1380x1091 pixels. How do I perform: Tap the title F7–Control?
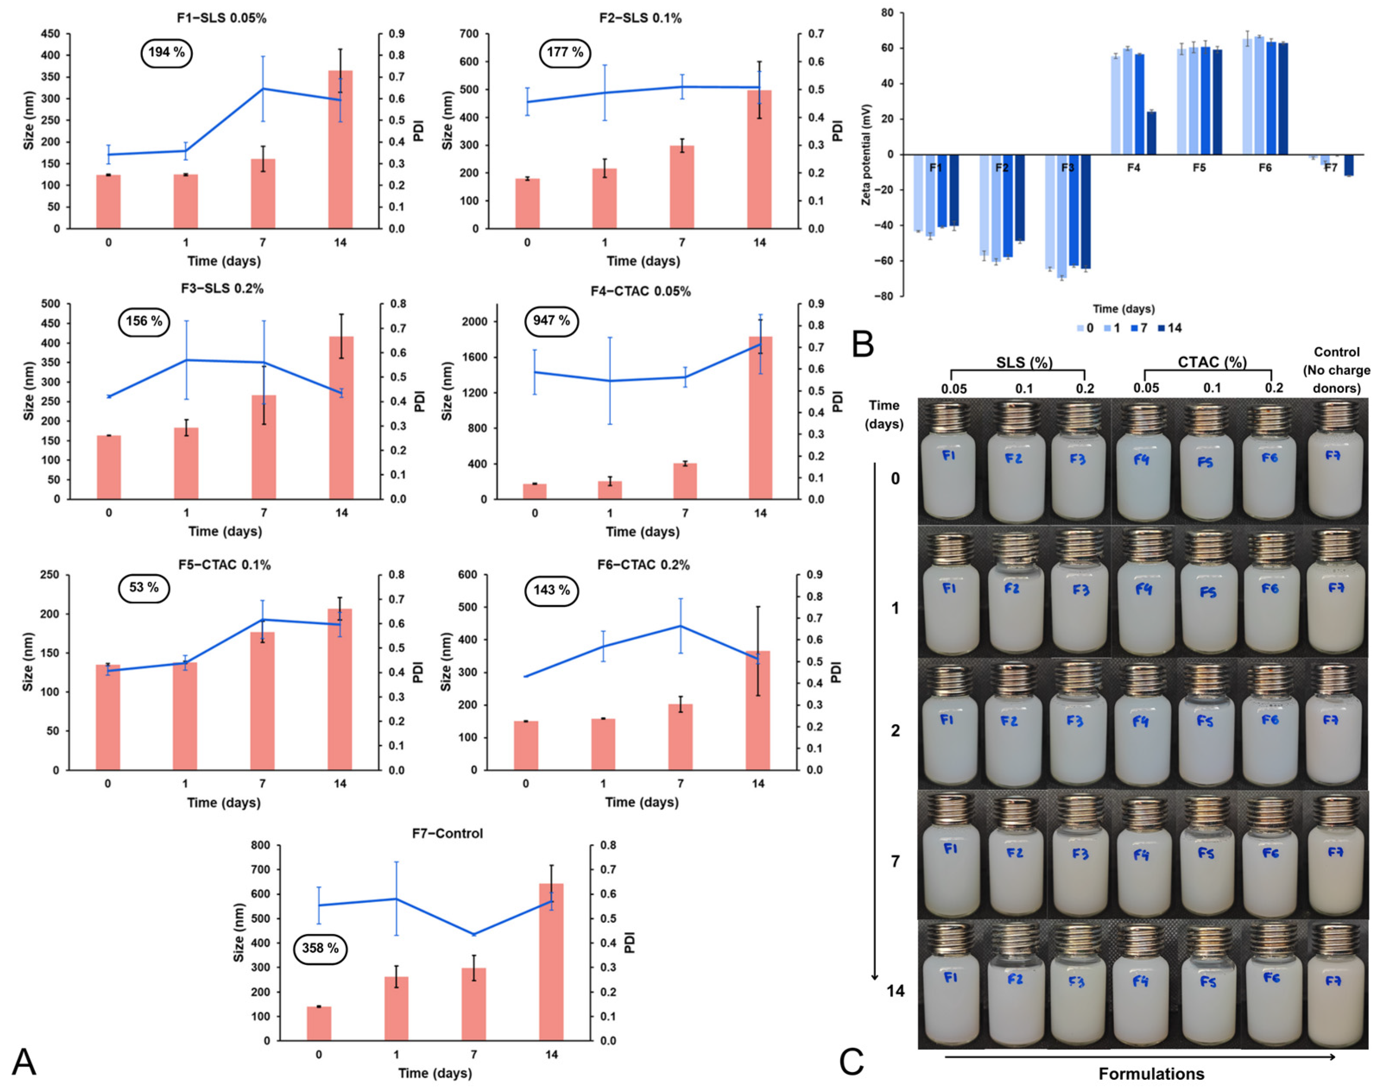(447, 833)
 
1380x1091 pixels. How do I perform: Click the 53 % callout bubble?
(144, 588)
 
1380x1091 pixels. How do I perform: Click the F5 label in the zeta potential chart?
(1199, 167)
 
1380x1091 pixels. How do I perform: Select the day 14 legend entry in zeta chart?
(1169, 328)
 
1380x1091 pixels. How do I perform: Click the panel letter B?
(863, 344)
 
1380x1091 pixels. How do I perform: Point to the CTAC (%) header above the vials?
(1212, 362)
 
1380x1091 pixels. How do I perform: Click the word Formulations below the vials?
(1151, 1074)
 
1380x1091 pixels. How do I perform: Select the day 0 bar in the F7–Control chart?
(319, 1023)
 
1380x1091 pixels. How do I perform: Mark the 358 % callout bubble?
(320, 948)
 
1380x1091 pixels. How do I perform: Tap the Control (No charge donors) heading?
(1336, 370)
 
